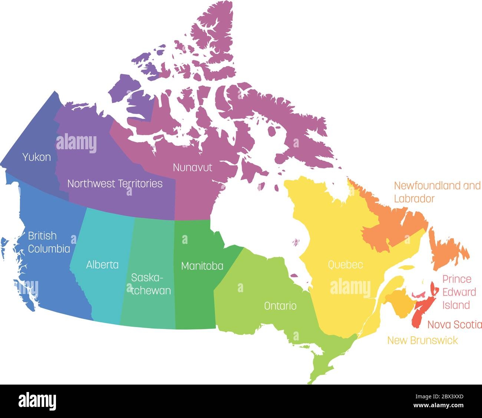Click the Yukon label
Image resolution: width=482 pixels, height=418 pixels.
pos(36,157)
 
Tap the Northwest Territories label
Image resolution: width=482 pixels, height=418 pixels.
pos(115,183)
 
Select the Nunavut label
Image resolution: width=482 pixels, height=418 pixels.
pos(192,167)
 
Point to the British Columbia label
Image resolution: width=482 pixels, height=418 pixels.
pos(49,242)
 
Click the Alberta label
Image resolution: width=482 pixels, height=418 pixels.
pos(102,265)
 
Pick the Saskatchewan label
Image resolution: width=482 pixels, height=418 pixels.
pos(151,284)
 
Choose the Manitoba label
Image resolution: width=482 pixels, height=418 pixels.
pos(202,266)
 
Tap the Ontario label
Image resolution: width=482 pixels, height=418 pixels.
pos(280,306)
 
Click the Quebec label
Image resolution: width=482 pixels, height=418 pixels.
pos(345,265)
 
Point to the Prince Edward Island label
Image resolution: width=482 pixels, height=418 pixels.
pos(457,292)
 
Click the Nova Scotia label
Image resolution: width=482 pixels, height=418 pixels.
pos(455,325)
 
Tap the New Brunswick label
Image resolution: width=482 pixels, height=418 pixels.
pos(422,340)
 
